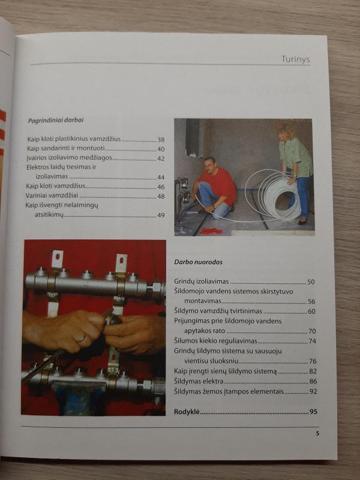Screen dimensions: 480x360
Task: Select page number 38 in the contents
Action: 161,139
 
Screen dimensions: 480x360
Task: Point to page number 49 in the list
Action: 161,215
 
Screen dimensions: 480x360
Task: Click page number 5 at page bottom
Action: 317,433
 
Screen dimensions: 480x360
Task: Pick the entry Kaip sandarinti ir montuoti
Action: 66,149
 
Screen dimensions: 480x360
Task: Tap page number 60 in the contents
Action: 312,311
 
